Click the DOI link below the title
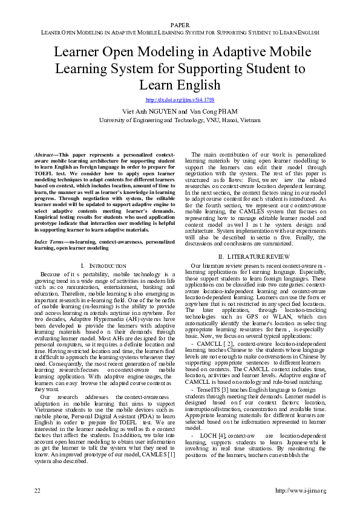tap(180, 99)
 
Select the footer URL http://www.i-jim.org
tap(301, 490)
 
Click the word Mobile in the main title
tap(299, 53)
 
